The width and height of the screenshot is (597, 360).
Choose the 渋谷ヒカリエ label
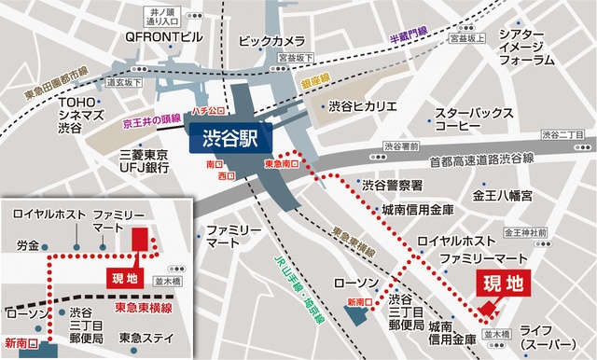pos(365,105)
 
